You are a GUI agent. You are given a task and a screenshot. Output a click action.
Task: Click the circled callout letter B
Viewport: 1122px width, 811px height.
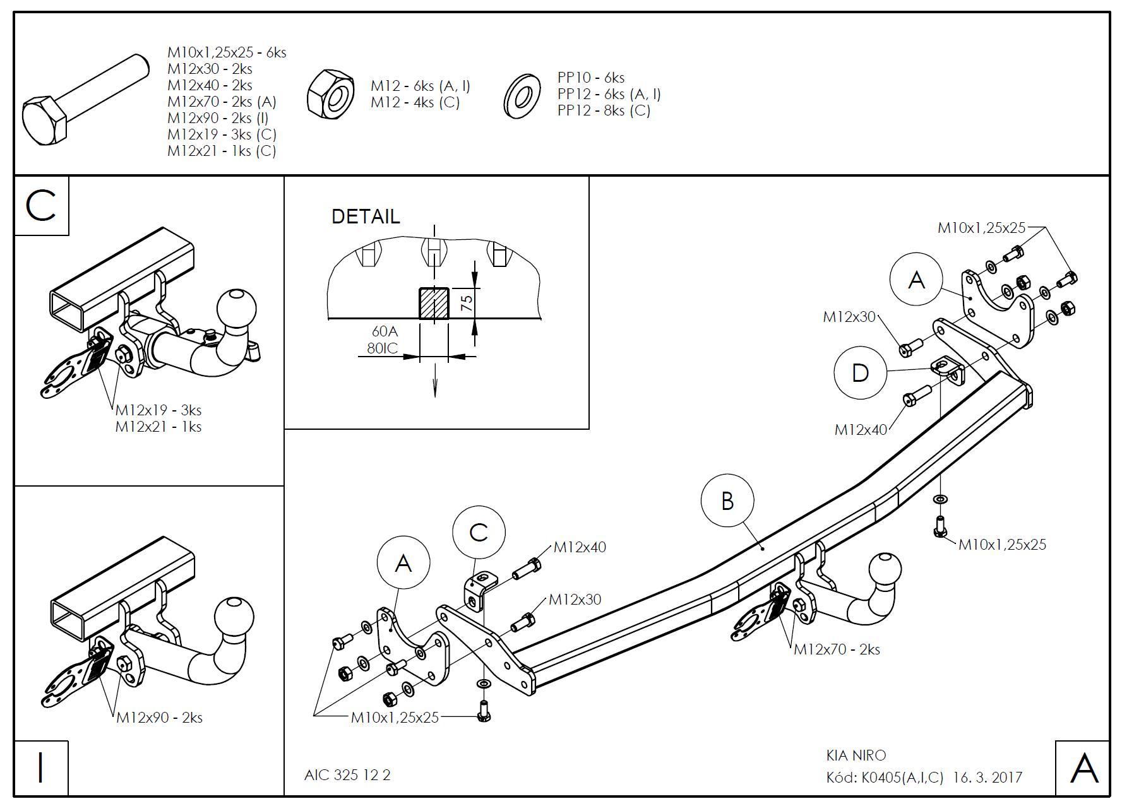click(727, 501)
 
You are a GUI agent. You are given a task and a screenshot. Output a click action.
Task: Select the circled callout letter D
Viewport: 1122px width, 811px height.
click(860, 372)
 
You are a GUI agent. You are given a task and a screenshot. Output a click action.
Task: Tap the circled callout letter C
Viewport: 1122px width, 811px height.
click(479, 532)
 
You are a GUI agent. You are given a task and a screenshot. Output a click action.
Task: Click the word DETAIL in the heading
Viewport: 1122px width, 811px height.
click(366, 216)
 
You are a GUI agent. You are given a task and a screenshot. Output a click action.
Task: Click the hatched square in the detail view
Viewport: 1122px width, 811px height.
click(434, 304)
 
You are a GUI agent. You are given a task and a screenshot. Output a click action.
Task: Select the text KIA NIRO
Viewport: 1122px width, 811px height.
click(856, 755)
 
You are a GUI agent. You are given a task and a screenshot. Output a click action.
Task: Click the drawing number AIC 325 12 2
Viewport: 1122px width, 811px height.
click(347, 775)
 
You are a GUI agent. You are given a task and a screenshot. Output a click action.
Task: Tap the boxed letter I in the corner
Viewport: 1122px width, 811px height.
click(41, 768)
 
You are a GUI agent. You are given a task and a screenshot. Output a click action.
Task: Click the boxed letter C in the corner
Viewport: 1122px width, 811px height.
click(41, 206)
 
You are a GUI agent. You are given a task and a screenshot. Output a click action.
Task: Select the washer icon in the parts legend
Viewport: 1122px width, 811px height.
click(522, 97)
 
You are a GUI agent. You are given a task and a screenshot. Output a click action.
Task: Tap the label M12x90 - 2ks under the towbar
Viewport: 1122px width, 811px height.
click(159, 718)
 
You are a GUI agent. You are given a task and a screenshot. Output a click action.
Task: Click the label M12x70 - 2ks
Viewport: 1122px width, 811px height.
click(837, 649)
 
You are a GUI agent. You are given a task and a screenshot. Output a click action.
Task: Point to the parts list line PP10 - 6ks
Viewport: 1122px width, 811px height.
click(591, 78)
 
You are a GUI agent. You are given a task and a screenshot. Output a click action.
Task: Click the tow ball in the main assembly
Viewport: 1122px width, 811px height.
click(885, 571)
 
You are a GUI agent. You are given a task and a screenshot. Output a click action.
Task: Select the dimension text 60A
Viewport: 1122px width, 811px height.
click(385, 331)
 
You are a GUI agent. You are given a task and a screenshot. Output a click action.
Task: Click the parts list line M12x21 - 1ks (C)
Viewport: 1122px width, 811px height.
click(222, 151)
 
